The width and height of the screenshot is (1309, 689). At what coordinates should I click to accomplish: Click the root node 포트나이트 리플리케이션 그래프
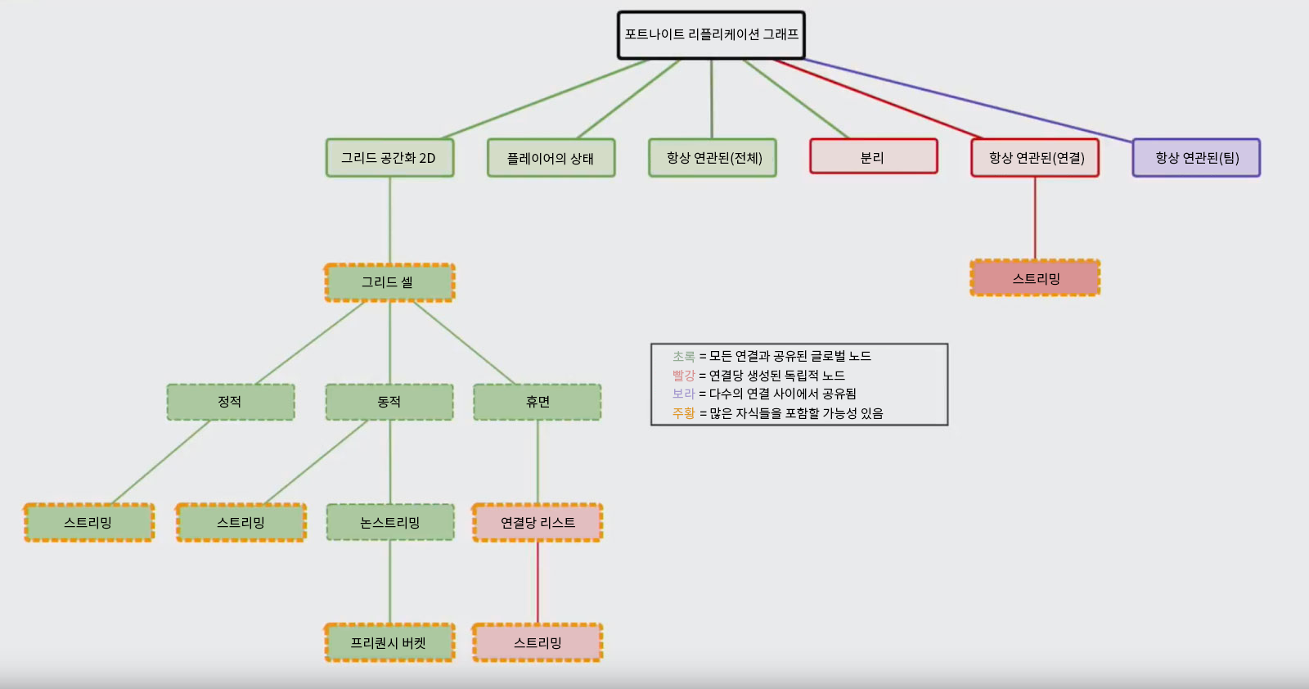(711, 35)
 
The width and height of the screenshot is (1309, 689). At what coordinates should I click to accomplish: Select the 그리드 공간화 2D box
(389, 158)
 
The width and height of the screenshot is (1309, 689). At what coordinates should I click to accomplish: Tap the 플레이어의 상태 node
(551, 158)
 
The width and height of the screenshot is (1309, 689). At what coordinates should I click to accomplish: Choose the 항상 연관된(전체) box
(712, 158)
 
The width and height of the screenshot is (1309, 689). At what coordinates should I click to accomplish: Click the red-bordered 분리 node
(873, 157)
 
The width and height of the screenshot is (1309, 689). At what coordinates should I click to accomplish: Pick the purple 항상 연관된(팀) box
(1196, 158)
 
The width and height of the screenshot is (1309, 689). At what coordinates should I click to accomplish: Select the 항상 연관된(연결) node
(1035, 158)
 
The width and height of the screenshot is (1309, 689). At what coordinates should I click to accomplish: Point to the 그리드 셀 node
(389, 282)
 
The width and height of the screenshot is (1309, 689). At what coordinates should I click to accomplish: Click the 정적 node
(230, 402)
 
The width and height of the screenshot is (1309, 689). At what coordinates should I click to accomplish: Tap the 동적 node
(389, 402)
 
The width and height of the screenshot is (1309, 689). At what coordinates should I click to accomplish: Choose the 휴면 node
(538, 402)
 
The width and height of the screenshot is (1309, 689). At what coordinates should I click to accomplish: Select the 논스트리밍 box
(390, 522)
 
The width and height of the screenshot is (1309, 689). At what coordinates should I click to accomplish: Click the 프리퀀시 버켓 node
(389, 642)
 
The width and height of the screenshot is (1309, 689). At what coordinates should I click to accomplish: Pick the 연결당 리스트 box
(538, 522)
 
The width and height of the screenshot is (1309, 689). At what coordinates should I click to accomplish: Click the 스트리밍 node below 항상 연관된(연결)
(1035, 278)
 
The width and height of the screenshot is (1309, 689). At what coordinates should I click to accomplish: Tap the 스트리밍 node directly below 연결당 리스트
(538, 642)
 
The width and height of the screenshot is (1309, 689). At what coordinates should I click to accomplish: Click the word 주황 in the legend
(683, 413)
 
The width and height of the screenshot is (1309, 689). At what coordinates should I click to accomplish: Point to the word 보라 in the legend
(683, 394)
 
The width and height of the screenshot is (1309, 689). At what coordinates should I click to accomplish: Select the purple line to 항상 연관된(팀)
(965, 99)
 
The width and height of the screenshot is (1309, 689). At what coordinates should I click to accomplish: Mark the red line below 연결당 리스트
(538, 582)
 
